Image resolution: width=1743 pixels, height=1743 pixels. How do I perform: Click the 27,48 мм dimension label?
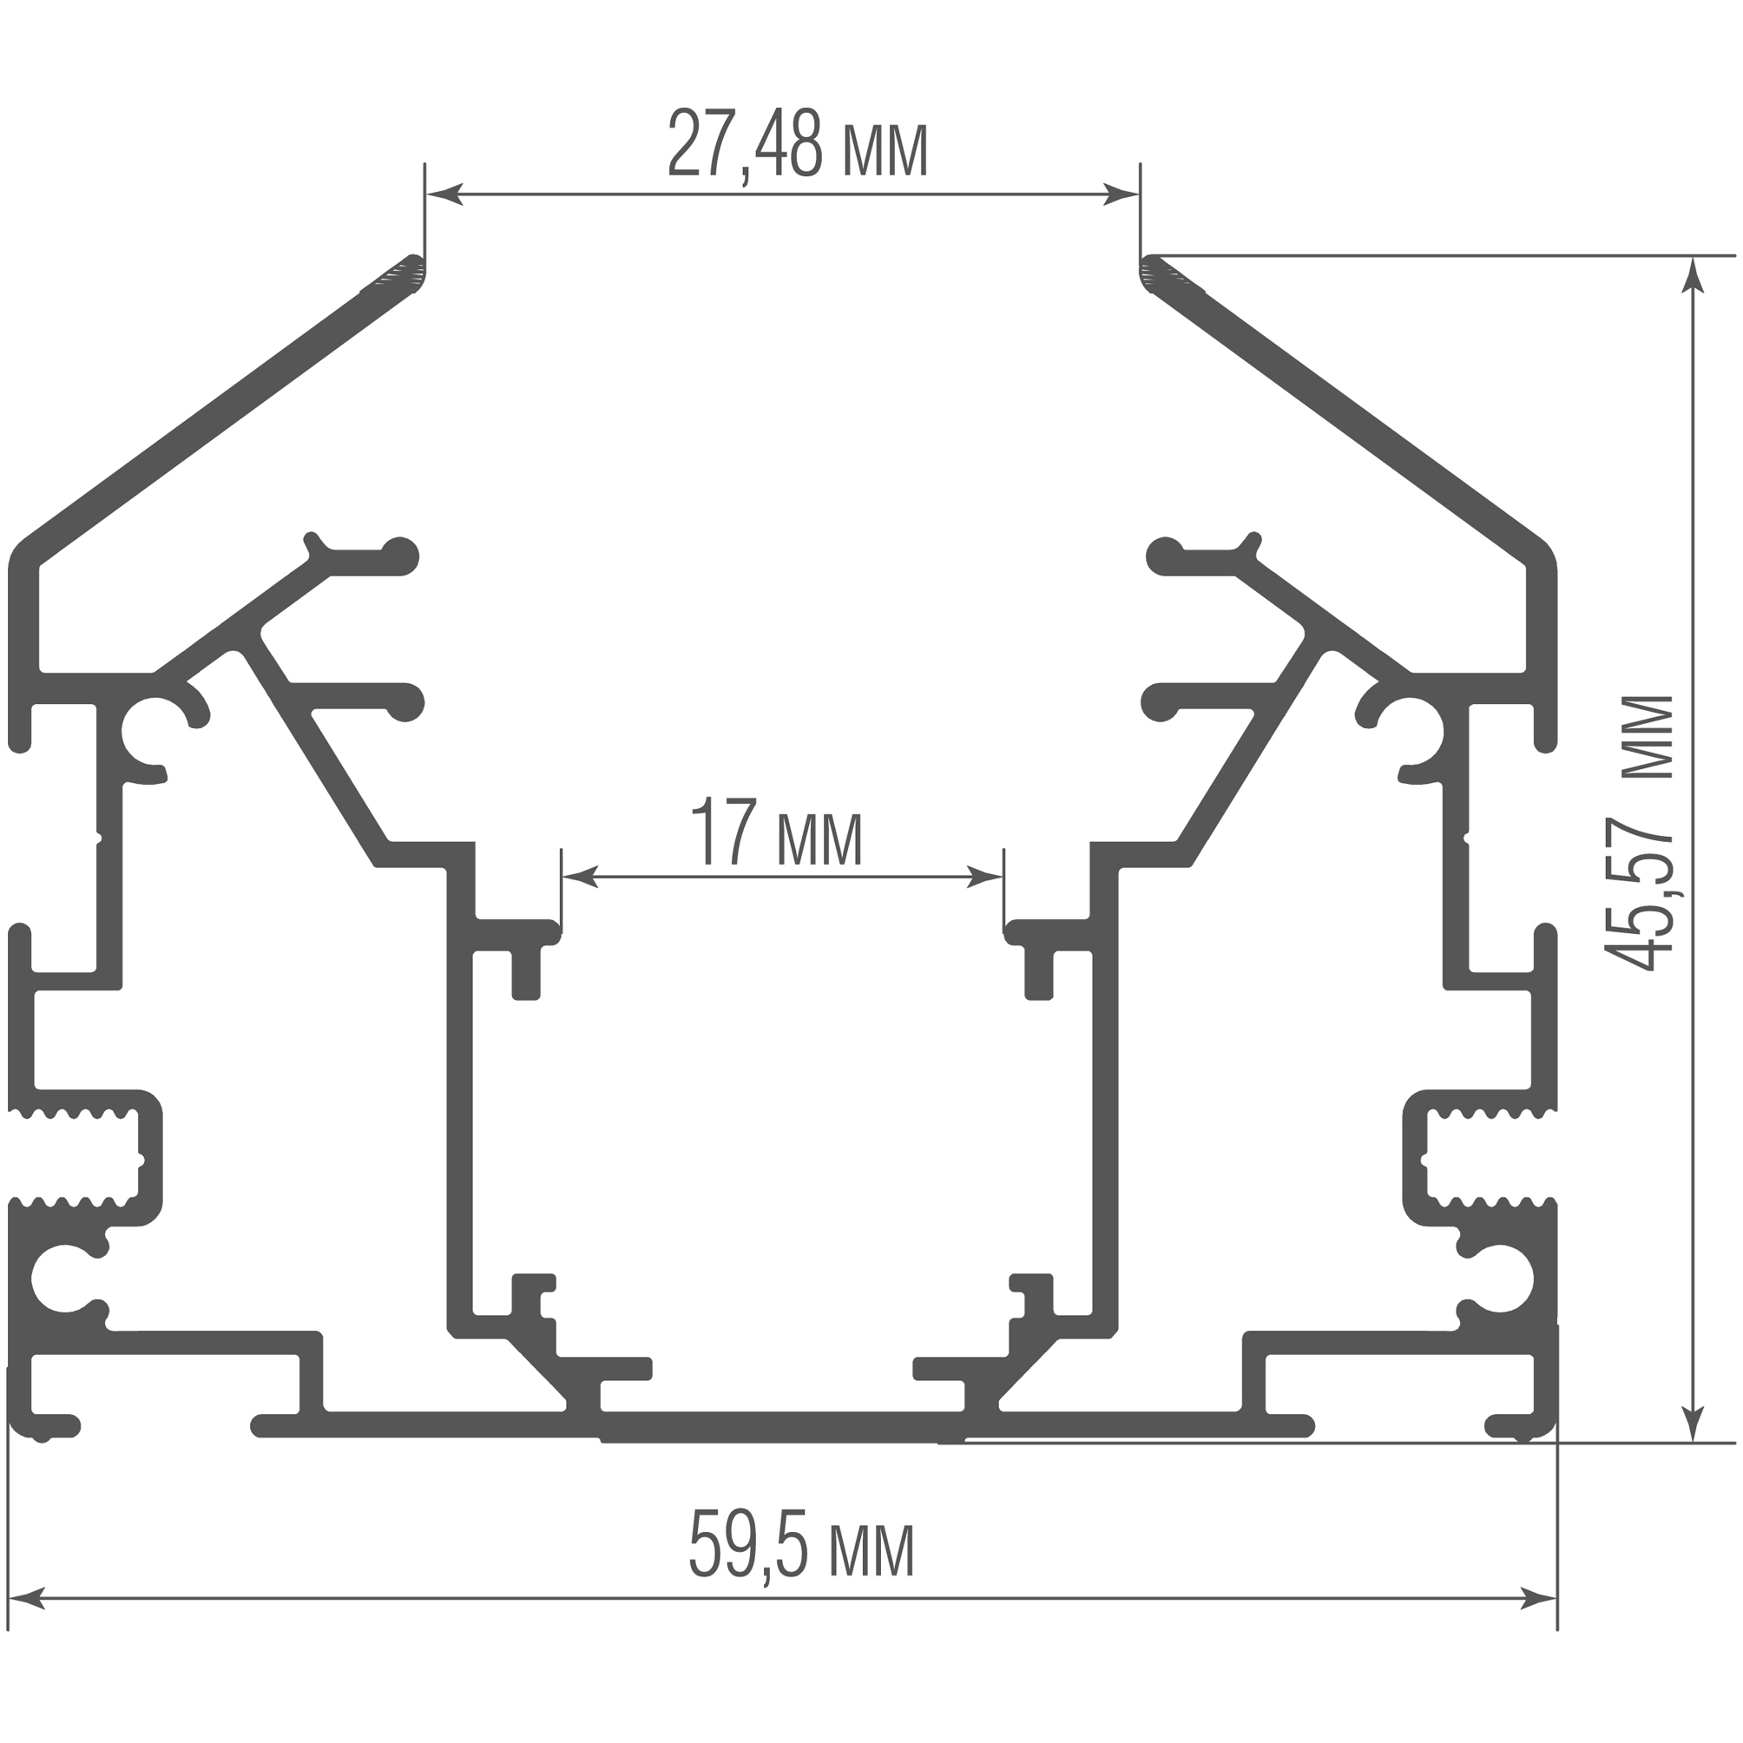point(798,144)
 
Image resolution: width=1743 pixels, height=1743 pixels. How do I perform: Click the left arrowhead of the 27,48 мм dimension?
point(444,193)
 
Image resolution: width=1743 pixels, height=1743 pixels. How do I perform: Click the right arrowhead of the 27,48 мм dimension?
point(1121,193)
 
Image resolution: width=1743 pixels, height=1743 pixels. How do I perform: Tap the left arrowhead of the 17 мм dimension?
point(580,876)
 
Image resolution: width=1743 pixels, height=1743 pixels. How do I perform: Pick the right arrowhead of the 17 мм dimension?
point(984,876)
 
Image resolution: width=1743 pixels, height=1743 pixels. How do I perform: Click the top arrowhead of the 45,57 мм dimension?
point(1694,275)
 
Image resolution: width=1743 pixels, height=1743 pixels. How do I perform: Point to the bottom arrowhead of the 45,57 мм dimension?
point(1694,1424)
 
